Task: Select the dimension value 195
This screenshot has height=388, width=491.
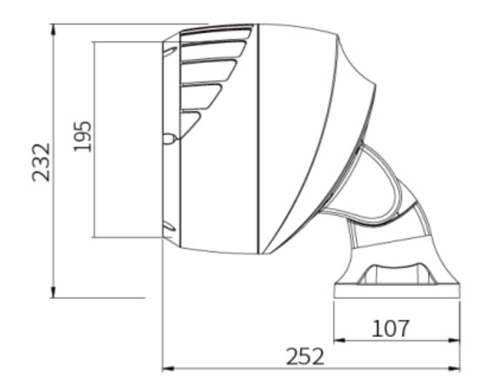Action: [82, 138]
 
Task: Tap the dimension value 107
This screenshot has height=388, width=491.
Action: [391, 328]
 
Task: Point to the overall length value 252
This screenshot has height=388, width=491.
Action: [303, 357]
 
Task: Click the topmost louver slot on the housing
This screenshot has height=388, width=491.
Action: [218, 33]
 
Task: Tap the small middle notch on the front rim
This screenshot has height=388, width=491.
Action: [169, 139]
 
